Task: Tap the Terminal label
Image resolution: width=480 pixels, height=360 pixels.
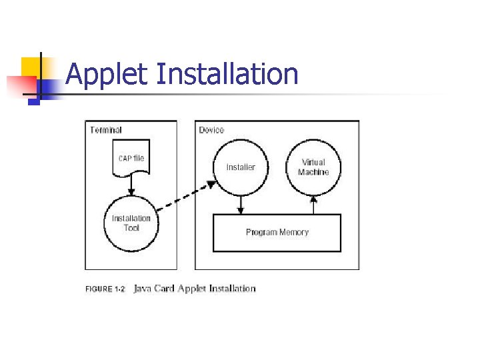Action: tap(106, 130)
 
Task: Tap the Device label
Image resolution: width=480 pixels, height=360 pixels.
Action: tap(211, 130)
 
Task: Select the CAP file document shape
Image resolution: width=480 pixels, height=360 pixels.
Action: tap(131, 159)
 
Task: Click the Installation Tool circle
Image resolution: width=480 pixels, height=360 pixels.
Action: tap(131, 223)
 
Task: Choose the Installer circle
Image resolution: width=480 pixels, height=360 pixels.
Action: tap(240, 167)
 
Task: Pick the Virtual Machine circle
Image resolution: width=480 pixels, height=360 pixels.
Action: tap(313, 167)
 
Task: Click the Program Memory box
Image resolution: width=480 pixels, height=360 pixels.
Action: tap(277, 233)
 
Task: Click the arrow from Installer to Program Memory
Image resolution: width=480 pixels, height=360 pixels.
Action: tap(241, 205)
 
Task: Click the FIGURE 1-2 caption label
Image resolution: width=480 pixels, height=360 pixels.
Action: tap(105, 289)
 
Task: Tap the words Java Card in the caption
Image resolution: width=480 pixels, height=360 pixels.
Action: tap(154, 289)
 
